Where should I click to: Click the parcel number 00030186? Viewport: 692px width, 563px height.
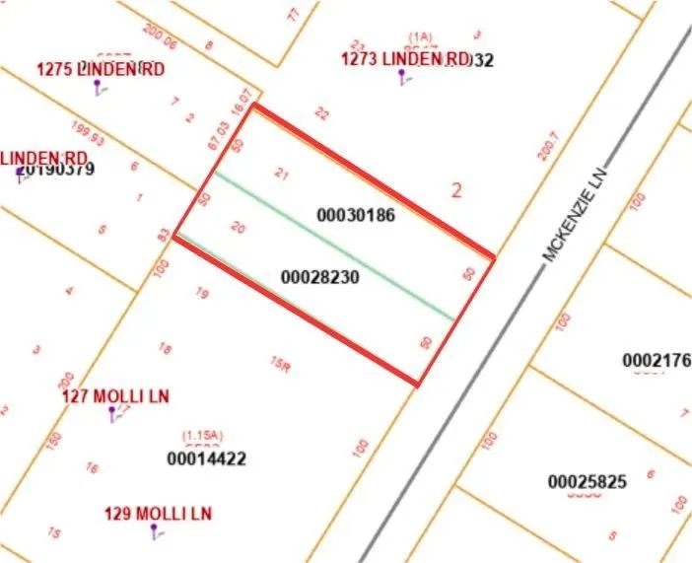[356, 214]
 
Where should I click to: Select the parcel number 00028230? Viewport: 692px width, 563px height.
[320, 278]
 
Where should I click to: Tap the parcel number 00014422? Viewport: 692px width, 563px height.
[206, 458]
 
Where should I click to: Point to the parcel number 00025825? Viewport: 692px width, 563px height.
[588, 482]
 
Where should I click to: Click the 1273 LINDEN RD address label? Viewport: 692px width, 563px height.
[406, 59]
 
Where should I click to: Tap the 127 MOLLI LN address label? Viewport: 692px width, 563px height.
[116, 396]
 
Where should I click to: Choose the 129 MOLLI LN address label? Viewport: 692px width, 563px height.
[158, 514]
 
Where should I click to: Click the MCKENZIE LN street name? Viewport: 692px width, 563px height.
[580, 213]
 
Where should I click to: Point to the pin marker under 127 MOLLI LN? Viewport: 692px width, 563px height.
[111, 413]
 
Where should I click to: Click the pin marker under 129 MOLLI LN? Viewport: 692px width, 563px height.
[154, 531]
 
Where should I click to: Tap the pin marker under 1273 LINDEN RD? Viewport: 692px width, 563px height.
[400, 77]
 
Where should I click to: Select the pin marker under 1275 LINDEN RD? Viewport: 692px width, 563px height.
[97, 86]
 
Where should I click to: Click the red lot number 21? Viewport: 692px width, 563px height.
[281, 175]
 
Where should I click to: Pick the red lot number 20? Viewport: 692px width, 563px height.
[238, 227]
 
